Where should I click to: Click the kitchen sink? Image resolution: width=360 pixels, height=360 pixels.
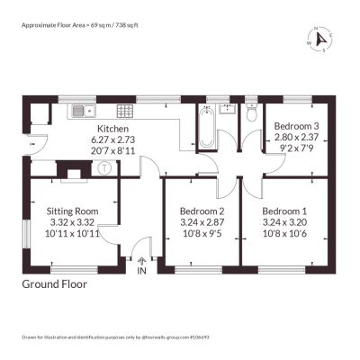tap(84, 111)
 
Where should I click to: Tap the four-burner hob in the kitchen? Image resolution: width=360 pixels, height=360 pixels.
tap(125, 111)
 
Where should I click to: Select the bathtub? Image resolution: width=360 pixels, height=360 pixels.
tap(207, 128)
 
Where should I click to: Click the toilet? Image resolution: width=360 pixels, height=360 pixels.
tap(251, 112)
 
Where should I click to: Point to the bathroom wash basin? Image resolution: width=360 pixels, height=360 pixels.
tap(228, 109)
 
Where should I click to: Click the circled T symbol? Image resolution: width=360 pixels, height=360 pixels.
tap(104, 168)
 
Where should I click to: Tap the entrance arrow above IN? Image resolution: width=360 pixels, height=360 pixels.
tap(141, 261)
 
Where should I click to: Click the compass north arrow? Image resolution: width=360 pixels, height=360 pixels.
tap(321, 40)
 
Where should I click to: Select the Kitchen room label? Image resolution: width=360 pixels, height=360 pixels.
tap(113, 129)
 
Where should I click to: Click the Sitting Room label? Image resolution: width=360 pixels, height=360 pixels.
tap(72, 211)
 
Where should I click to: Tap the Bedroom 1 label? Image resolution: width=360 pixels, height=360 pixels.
tap(284, 211)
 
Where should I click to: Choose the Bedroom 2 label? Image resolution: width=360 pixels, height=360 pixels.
tap(202, 211)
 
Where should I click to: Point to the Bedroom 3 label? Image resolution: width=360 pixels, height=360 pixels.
tap(296, 126)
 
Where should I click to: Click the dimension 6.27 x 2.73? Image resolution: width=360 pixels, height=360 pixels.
tap(113, 139)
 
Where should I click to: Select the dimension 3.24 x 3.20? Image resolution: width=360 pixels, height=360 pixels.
tap(284, 222)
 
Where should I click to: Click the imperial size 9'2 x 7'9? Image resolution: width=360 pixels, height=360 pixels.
tap(296, 148)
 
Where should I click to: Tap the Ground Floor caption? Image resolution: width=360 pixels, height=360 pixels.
tap(55, 284)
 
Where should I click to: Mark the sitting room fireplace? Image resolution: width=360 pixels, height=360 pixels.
tap(74, 171)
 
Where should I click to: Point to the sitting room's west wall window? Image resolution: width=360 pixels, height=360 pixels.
tap(27, 234)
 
